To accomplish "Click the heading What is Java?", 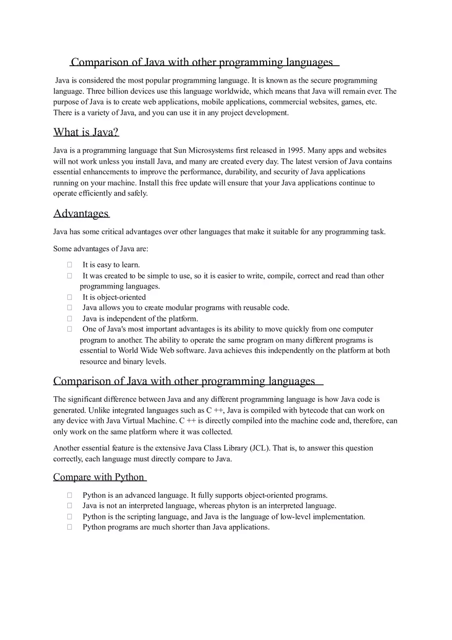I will [x=86, y=132].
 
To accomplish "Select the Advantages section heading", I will [x=81, y=214].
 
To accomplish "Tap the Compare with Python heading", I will [x=99, y=477].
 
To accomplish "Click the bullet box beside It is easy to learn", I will [x=69, y=265].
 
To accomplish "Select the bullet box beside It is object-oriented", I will [x=69, y=297].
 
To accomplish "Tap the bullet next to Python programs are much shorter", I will [x=69, y=527].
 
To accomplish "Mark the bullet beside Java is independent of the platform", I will [x=69, y=319].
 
